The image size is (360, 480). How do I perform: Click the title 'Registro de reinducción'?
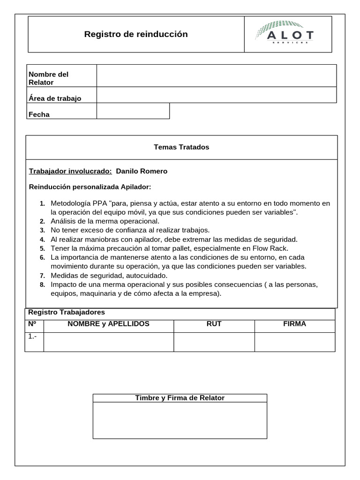(x=136, y=34)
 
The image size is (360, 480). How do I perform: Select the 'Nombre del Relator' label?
(x=49, y=78)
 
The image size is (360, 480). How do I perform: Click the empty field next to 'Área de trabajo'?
(x=216, y=95)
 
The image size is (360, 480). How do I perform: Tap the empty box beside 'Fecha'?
(x=133, y=111)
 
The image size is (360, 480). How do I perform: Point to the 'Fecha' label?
(x=39, y=114)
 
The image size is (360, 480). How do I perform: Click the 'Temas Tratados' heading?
(x=181, y=147)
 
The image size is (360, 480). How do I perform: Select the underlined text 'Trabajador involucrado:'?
(x=70, y=171)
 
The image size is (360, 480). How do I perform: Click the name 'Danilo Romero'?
(x=142, y=171)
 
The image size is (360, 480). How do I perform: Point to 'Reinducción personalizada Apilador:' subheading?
(x=90, y=187)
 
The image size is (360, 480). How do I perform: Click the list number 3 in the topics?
(x=42, y=230)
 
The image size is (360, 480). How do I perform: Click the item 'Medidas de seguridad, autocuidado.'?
(x=109, y=275)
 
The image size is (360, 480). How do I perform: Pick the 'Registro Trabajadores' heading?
(x=67, y=312)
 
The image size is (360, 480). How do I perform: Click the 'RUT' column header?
(x=214, y=324)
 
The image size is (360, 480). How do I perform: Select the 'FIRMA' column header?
(x=294, y=324)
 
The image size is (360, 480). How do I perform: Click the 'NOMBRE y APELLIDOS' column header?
(x=108, y=324)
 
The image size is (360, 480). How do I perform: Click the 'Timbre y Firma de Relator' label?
(x=180, y=398)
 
